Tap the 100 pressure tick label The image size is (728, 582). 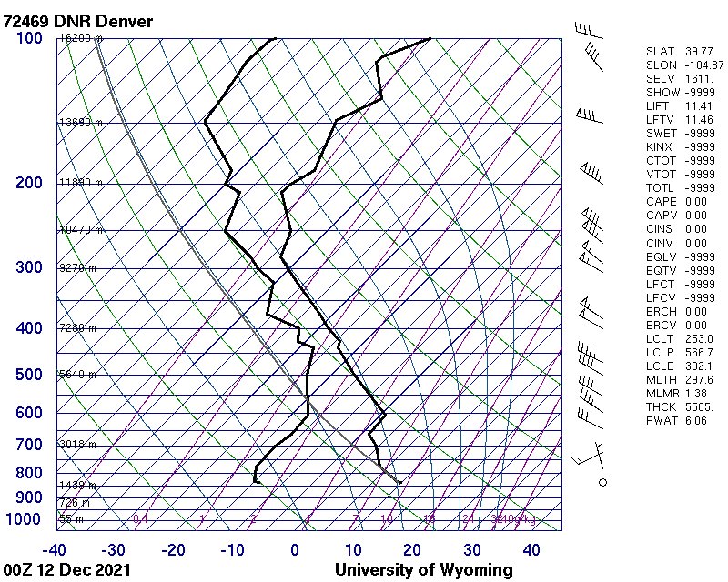29,38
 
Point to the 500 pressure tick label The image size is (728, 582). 29,375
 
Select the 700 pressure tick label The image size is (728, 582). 29,445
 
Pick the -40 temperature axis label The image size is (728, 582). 55,550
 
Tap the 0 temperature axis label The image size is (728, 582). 294,550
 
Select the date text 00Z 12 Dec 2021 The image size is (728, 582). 66,570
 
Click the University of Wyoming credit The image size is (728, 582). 424,570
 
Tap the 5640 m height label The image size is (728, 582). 77,375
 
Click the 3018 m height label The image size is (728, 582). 77,445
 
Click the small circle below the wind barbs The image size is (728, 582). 602,482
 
